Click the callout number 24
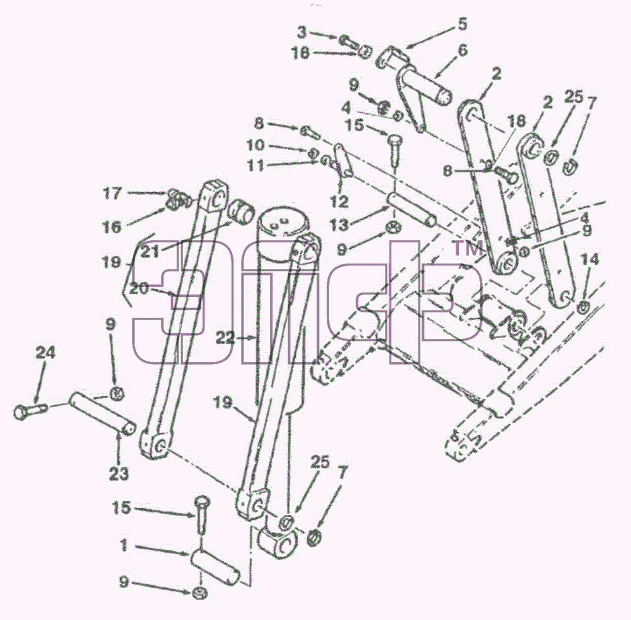[45, 353]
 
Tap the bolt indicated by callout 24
[30, 410]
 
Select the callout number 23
[119, 474]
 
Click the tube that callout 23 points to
[102, 414]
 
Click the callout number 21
[150, 252]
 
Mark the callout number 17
[113, 193]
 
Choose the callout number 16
[112, 227]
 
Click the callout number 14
[589, 259]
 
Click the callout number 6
[463, 50]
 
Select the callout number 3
[302, 32]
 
